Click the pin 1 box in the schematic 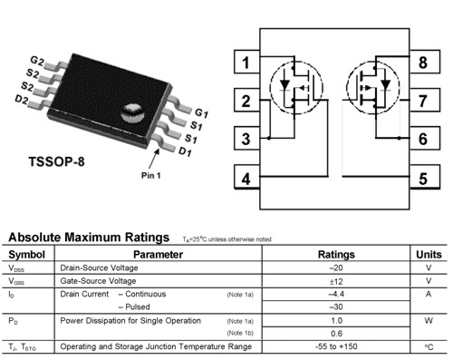coord(245,63)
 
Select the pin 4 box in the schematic coord(245,178)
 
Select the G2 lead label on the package coord(37,60)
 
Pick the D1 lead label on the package coord(186,151)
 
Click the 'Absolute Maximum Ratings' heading coord(88,238)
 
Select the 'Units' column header coord(429,254)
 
